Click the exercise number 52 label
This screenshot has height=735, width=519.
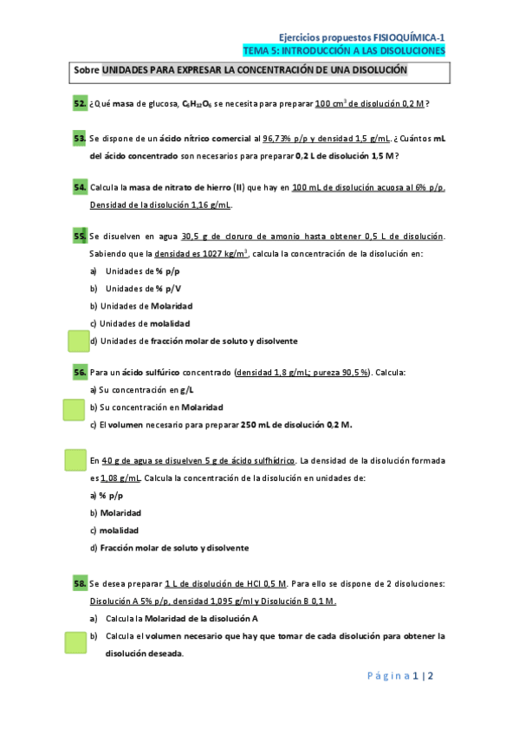click(x=79, y=104)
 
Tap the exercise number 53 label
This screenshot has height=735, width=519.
click(x=79, y=139)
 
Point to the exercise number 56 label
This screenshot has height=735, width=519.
click(x=79, y=373)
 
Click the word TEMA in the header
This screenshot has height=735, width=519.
click(x=257, y=51)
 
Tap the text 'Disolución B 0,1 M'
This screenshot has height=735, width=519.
click(x=299, y=602)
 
